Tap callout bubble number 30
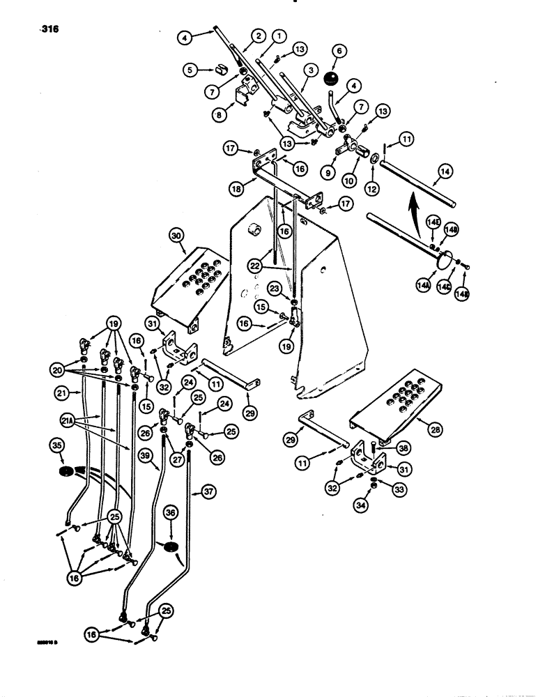[x=176, y=237]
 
